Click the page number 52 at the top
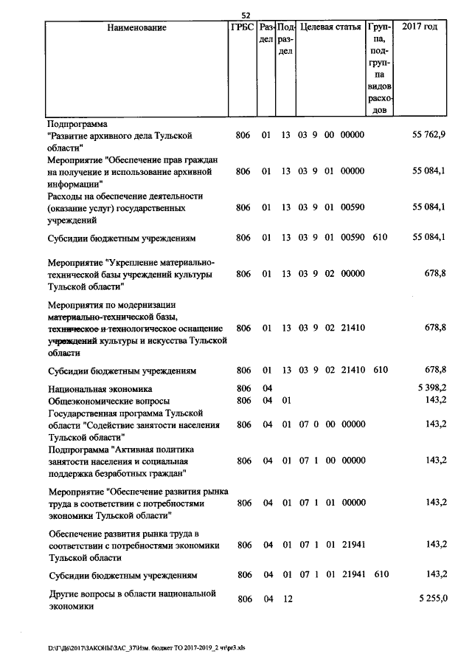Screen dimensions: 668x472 tap(246, 16)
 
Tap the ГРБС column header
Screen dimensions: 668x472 tap(242, 27)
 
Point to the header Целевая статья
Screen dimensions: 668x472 tap(330, 27)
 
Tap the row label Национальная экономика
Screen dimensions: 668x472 tap(100, 388)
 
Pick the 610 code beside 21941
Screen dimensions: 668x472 tap(381, 574)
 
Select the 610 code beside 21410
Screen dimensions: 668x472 tap(381, 370)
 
